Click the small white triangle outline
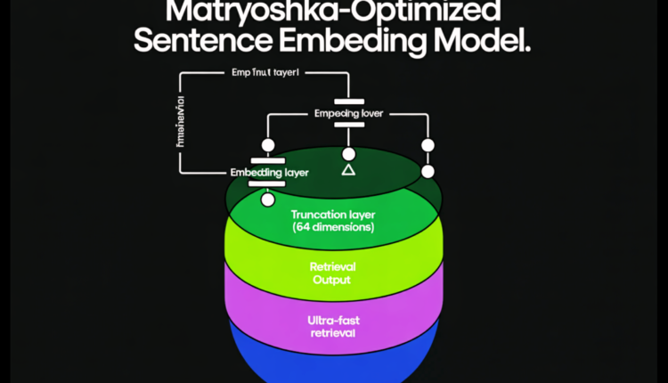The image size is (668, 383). click(349, 168)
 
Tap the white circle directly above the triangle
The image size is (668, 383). click(349, 153)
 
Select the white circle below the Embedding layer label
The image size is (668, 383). click(266, 200)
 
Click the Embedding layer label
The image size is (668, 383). click(269, 172)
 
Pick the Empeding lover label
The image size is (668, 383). click(348, 114)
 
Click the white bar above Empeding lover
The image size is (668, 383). click(349, 102)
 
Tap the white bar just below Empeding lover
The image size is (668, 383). click(349, 126)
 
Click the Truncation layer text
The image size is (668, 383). click(333, 215)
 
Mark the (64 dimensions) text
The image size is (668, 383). click(333, 227)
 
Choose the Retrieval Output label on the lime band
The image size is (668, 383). click(330, 273)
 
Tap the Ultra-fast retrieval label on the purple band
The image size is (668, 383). click(332, 325)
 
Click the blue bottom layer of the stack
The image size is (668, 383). click(334, 365)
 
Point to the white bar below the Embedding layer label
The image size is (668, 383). click(266, 184)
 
